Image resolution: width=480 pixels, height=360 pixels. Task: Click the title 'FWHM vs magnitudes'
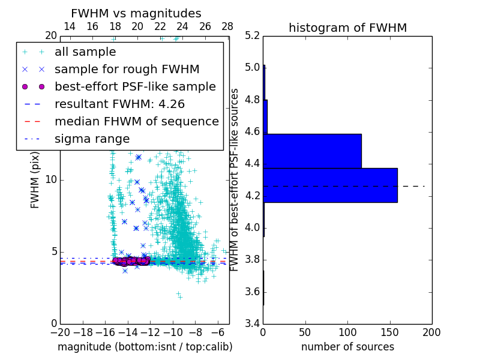click(136, 14)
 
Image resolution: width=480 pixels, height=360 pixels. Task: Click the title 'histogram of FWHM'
click(347, 28)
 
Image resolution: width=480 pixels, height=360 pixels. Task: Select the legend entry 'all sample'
click(85, 52)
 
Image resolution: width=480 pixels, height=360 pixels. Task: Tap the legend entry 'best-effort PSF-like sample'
click(135, 87)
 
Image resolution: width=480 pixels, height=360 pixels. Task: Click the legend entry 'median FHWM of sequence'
click(136, 122)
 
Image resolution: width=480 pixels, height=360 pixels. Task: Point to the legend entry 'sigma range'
click(92, 139)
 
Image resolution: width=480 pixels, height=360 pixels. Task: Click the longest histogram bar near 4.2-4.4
click(330, 185)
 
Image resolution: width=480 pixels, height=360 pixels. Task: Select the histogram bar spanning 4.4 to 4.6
click(312, 151)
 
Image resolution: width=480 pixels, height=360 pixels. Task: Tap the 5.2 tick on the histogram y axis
click(253, 35)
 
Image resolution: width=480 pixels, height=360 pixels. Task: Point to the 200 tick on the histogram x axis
click(431, 332)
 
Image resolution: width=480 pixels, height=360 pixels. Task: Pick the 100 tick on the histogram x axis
click(347, 332)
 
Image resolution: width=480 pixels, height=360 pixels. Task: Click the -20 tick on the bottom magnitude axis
click(60, 332)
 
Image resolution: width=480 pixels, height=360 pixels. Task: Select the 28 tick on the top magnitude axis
click(227, 27)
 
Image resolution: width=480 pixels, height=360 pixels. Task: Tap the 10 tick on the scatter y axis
click(52, 180)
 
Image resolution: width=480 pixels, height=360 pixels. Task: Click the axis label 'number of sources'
click(347, 347)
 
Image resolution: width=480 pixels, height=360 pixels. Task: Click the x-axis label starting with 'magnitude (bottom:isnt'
click(145, 347)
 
